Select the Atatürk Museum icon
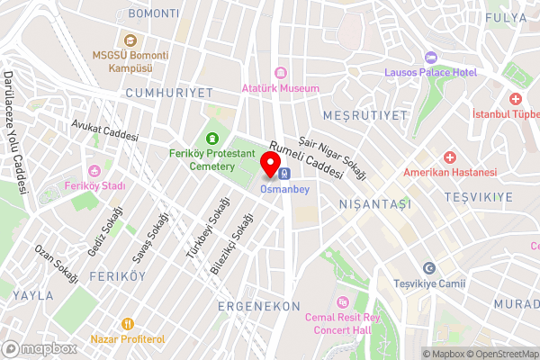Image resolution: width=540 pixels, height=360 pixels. [x=280, y=73]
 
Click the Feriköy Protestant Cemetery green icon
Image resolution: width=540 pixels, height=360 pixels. [x=212, y=138]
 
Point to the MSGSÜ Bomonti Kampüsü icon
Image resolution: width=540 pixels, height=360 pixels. [x=130, y=39]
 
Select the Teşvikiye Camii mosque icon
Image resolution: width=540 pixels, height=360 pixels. [x=429, y=268]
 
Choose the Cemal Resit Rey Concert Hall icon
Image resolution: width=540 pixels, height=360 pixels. [x=340, y=302]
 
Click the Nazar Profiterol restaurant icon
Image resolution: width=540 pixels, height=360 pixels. [x=128, y=323]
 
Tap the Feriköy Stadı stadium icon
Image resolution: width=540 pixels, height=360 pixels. [x=94, y=171]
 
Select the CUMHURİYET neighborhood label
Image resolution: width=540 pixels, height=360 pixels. [x=169, y=93]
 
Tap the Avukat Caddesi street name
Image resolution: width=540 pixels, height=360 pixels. [x=106, y=132]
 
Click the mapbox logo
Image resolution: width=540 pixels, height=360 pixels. [x=40, y=348]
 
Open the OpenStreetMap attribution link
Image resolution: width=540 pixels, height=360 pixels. [x=502, y=353]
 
